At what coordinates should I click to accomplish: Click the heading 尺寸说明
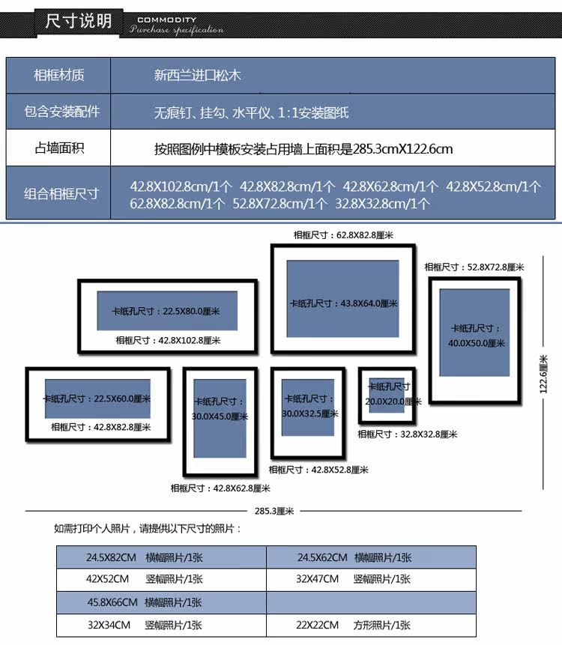click(79, 20)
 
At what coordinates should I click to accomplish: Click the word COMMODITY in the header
click(167, 19)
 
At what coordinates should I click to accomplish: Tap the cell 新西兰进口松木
click(198, 75)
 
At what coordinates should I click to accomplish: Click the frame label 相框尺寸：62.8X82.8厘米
click(343, 234)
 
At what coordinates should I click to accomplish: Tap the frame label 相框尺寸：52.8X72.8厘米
click(474, 267)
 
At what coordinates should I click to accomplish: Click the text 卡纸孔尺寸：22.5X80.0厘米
click(166, 311)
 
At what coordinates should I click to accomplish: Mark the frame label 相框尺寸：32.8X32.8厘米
click(407, 434)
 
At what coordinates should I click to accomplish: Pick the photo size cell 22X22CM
click(318, 625)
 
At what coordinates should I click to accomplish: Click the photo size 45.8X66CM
click(112, 602)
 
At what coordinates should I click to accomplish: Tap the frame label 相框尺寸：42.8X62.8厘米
click(220, 488)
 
